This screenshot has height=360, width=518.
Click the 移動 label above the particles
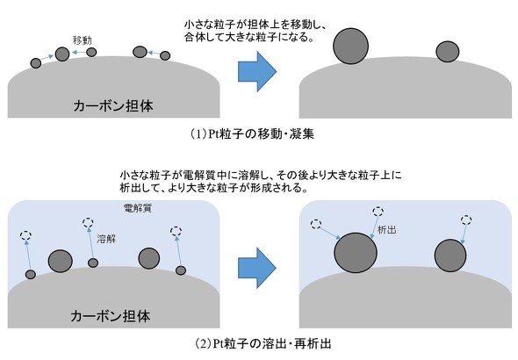pyautogui.click(x=83, y=40)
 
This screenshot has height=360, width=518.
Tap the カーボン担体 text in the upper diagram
pyautogui.click(x=113, y=106)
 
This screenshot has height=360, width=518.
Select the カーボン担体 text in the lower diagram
pyautogui.click(x=111, y=316)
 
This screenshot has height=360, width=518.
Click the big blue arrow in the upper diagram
pyautogui.click(x=257, y=71)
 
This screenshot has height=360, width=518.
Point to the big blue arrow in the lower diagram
pyautogui.click(x=257, y=268)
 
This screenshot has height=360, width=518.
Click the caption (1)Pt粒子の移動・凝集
pyautogui.click(x=252, y=134)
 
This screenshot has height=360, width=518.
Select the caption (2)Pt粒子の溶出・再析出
pyautogui.click(x=263, y=344)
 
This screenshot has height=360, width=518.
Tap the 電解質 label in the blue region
pyautogui.click(x=138, y=208)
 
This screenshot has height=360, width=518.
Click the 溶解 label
pyautogui.click(x=106, y=239)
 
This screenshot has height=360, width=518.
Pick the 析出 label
pyautogui.click(x=386, y=229)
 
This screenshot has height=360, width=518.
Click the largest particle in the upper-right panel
pyautogui.click(x=350, y=46)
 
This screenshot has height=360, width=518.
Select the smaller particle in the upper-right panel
pyautogui.click(x=447, y=52)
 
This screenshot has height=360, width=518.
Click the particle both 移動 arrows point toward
pyautogui.click(x=62, y=54)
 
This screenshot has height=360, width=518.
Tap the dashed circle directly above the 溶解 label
pyautogui.click(x=88, y=222)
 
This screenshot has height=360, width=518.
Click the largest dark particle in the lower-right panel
pyautogui.click(x=356, y=253)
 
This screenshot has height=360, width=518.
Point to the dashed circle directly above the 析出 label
pyautogui.click(x=378, y=211)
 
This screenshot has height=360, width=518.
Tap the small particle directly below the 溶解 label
pyautogui.click(x=93, y=263)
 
